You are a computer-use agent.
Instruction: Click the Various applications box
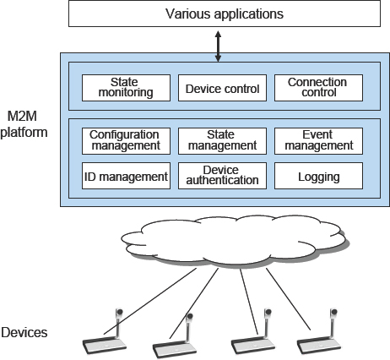click(x=225, y=14)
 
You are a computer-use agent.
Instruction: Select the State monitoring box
click(x=126, y=88)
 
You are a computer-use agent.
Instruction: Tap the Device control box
click(x=222, y=88)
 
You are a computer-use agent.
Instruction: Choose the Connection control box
click(x=318, y=88)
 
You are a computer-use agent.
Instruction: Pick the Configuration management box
click(x=126, y=141)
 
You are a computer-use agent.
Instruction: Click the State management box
click(x=222, y=141)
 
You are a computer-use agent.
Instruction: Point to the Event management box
click(x=318, y=141)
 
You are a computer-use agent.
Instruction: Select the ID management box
click(x=126, y=176)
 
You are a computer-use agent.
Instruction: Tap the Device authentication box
click(x=222, y=176)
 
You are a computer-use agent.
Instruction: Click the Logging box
click(x=318, y=176)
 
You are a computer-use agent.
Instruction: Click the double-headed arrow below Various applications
click(x=218, y=46)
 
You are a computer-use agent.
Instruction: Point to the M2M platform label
click(x=24, y=124)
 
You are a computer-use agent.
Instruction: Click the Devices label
click(x=24, y=333)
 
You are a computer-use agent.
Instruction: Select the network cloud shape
click(x=235, y=241)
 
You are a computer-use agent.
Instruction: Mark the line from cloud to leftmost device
click(x=150, y=302)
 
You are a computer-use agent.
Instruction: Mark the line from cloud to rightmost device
click(x=288, y=299)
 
